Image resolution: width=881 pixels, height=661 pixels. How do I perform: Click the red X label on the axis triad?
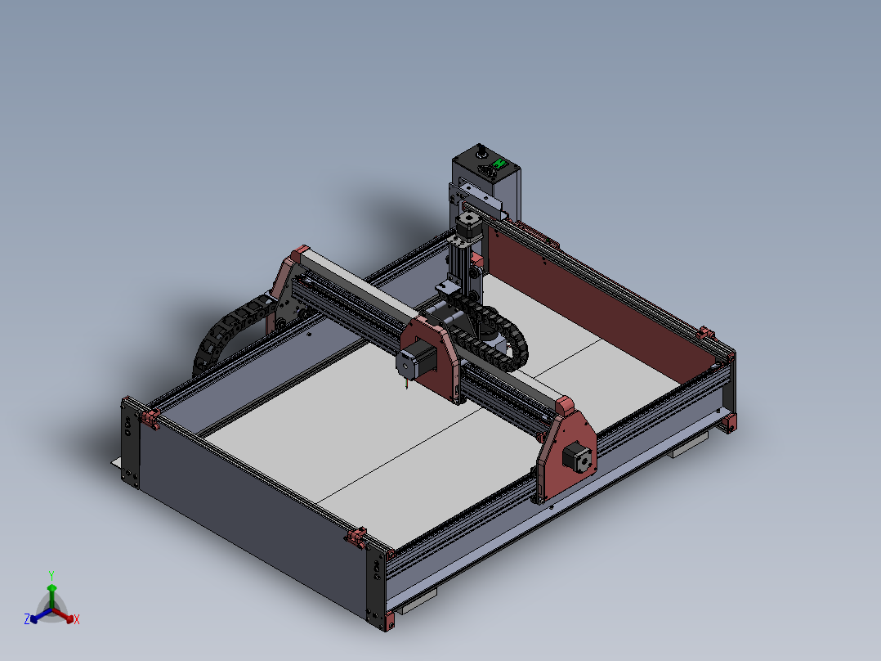(x=76, y=620)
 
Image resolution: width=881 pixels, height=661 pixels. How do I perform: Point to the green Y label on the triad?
(x=51, y=575)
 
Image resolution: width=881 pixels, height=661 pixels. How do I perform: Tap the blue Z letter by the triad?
(x=27, y=619)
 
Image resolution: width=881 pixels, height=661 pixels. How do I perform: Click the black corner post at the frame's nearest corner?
(x=377, y=586)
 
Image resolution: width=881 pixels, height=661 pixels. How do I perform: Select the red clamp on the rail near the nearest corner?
(x=356, y=537)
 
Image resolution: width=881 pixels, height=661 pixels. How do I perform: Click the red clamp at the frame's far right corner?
(x=705, y=334)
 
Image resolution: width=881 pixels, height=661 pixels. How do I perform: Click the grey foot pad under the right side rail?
(x=691, y=446)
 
